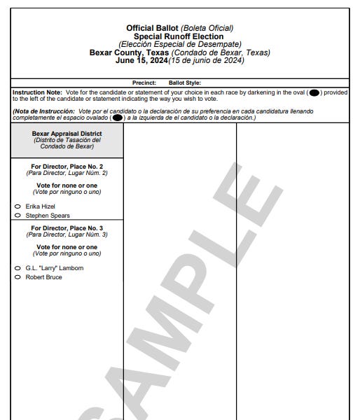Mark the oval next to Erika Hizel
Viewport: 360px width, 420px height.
[x=17, y=206]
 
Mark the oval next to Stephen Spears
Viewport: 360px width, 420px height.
[x=17, y=216]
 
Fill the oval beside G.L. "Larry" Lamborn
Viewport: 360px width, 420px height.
[x=17, y=268]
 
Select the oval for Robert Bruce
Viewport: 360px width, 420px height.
[x=17, y=277]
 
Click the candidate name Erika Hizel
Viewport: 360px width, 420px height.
[x=40, y=206]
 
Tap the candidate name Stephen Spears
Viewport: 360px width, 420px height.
[x=48, y=216]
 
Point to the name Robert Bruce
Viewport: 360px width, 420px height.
[x=43, y=277]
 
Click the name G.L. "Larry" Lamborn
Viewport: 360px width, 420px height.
[x=54, y=268]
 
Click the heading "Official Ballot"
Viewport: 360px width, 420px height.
[x=153, y=28]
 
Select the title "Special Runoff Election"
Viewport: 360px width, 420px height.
[x=179, y=36]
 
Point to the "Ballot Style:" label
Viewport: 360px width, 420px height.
[x=185, y=83]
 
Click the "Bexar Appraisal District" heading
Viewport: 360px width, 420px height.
[x=67, y=133]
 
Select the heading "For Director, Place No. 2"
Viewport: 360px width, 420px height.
[x=67, y=166]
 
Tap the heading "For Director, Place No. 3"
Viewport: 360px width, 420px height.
[x=67, y=228]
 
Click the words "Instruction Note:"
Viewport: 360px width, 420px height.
[x=34, y=92]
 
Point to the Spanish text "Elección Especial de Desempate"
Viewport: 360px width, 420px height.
[x=179, y=44]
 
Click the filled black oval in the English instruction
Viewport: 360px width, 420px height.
[x=314, y=92]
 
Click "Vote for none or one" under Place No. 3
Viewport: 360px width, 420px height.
[x=67, y=247]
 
